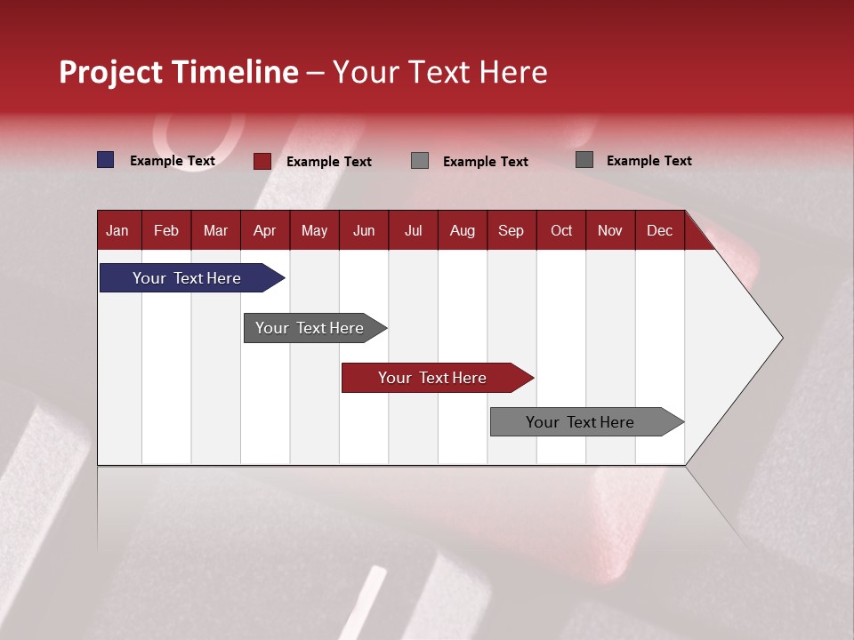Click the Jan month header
tap(117, 230)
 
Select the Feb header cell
tap(166, 230)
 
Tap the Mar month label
tap(215, 230)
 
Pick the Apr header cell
tap(264, 230)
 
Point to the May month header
tap(314, 230)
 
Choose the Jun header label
tap(364, 230)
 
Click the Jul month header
tap(413, 230)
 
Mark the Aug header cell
tap(462, 230)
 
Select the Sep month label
tap(511, 230)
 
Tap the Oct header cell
tap(561, 230)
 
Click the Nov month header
tap(610, 230)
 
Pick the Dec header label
tap(659, 230)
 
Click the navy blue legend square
tap(106, 160)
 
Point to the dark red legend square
tap(262, 161)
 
